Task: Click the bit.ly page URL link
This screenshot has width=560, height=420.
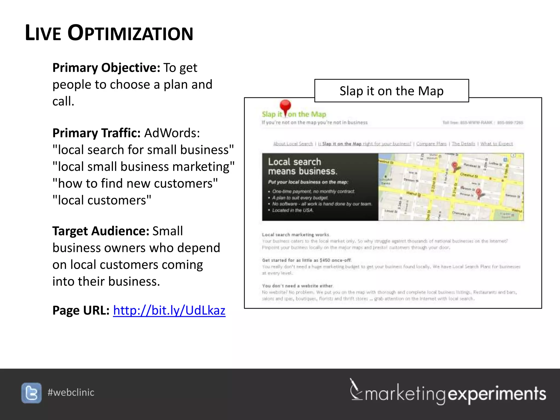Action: [169, 311]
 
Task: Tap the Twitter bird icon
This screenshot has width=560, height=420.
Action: [31, 393]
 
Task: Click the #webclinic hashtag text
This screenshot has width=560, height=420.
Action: [71, 392]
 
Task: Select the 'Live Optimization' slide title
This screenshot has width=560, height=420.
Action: [109, 33]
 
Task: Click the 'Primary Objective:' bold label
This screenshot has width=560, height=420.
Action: [106, 68]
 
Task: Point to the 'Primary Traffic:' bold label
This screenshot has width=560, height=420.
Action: [96, 133]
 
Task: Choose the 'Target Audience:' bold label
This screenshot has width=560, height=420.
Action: [101, 231]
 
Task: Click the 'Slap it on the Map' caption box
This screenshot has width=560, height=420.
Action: [391, 91]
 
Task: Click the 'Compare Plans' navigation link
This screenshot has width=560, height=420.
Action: [431, 144]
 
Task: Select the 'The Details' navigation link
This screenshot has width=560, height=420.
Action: [463, 144]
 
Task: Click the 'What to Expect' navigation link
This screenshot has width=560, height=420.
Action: [497, 144]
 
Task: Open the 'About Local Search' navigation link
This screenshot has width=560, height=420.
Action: [293, 144]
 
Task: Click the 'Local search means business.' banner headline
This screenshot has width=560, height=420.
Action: [302, 166]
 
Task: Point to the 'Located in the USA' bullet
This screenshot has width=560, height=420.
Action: [293, 210]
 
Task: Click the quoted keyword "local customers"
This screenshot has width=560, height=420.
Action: [102, 200]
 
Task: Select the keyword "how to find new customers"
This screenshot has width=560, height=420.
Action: [135, 183]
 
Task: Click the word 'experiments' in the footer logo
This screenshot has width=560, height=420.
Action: [497, 394]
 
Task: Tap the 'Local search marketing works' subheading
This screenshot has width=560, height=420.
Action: [295, 235]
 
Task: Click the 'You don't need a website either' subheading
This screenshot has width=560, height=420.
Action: [297, 286]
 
